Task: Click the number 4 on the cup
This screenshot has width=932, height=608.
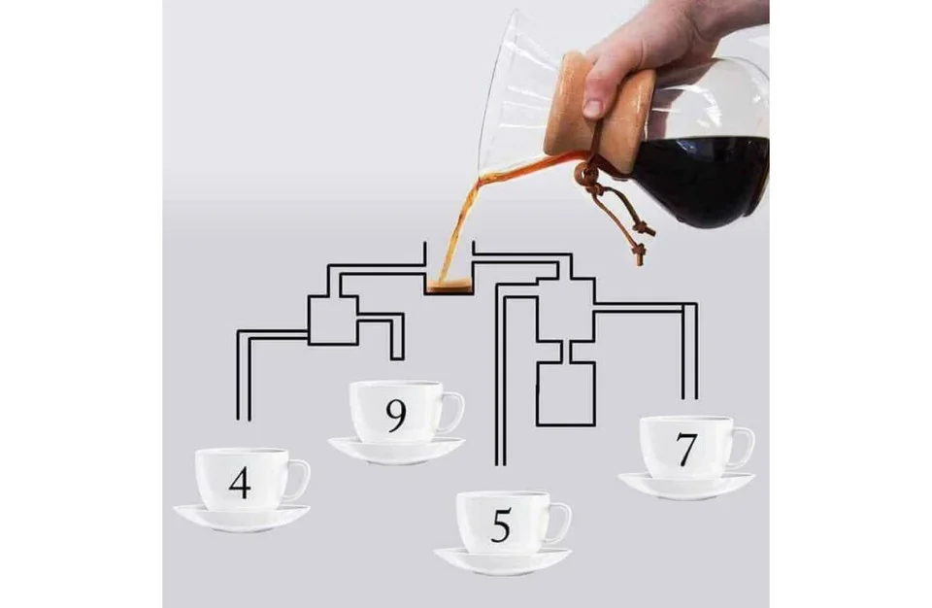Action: (x=240, y=483)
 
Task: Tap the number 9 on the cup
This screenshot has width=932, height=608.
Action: (x=396, y=416)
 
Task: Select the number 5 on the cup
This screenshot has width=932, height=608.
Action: (x=501, y=525)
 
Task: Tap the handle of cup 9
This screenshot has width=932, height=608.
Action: (x=453, y=412)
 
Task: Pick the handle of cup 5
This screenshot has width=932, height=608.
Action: (x=561, y=523)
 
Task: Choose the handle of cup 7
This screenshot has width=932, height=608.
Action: (x=745, y=448)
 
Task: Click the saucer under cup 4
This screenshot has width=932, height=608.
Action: (x=242, y=517)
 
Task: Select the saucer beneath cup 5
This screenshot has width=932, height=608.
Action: (x=503, y=560)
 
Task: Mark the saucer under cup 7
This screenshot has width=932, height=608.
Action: (x=686, y=485)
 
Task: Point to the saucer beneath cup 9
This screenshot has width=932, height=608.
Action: (x=396, y=449)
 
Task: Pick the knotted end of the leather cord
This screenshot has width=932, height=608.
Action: (x=640, y=253)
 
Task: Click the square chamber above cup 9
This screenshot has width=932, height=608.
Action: (x=333, y=320)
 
